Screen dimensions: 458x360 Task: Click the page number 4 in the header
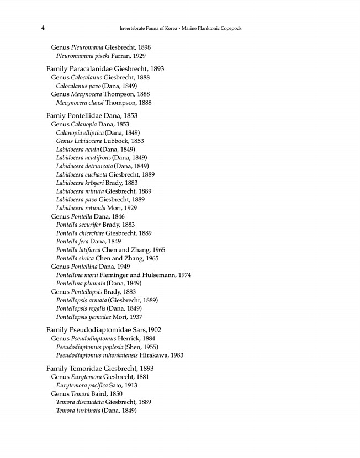coord(43,28)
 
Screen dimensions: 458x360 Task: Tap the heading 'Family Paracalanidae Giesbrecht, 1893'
coord(105,69)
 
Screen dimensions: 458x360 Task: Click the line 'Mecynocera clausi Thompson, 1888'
coord(104,103)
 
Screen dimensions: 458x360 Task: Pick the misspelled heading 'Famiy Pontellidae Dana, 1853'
coord(92,116)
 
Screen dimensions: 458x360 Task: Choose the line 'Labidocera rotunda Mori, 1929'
coord(97,208)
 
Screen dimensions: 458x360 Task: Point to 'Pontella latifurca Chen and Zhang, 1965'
coord(110,250)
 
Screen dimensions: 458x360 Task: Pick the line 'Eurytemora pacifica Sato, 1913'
coord(97,385)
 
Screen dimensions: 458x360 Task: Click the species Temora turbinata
coord(78,411)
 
